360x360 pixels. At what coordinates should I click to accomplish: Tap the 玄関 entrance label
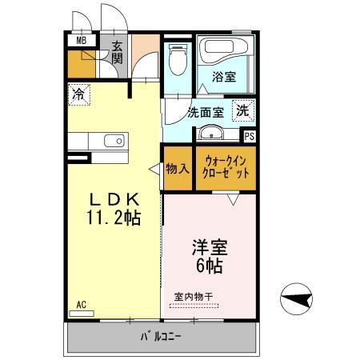point(117,53)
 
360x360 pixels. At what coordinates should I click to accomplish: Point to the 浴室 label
point(224,78)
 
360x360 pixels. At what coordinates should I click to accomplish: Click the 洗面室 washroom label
point(204,113)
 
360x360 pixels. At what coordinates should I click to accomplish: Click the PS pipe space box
point(250,136)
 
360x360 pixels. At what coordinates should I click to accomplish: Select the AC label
point(81,304)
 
